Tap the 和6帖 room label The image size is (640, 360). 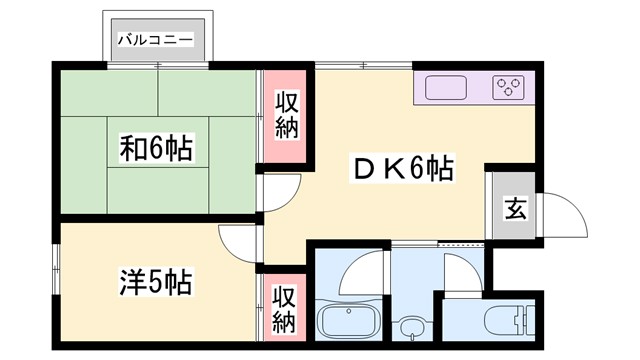(157, 150)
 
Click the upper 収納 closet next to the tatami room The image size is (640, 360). (286, 116)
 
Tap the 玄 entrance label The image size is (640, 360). (514, 209)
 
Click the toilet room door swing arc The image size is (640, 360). (462, 272)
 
